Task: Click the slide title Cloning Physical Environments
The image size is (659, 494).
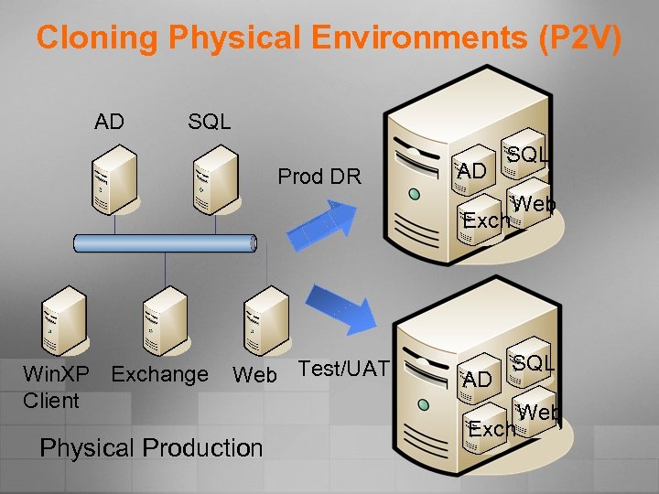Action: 329,38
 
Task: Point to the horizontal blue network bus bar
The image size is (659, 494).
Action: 165,243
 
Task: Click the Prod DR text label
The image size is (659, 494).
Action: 319,177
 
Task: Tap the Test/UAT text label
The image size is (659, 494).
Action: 344,369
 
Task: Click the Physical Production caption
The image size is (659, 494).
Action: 151,447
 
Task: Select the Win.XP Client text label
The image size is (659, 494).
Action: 56,386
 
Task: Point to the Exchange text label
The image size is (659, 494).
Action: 159,374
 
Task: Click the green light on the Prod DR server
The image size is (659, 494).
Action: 415,195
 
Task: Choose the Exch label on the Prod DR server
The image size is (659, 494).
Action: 486,221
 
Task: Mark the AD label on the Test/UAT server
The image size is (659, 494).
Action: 477,379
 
